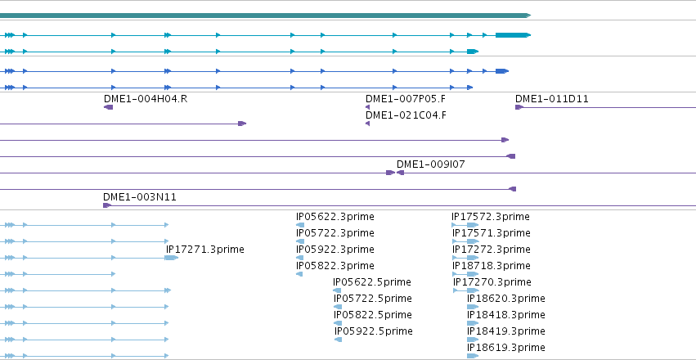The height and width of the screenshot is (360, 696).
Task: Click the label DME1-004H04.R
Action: pos(146,98)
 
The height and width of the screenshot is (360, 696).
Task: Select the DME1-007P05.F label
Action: pos(406,98)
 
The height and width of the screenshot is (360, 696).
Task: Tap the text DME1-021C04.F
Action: pos(406,115)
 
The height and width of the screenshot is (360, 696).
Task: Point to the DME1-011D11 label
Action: pos(552,98)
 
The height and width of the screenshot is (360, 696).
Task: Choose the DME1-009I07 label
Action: pos(430,164)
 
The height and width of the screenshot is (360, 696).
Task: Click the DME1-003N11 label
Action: pos(139,196)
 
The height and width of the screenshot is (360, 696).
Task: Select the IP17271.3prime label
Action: pos(205,250)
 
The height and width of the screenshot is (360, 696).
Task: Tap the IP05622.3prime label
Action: pos(335,217)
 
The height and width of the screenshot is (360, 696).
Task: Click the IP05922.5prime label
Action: pos(373,331)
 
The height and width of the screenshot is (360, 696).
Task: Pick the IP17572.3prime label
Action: pos(491,217)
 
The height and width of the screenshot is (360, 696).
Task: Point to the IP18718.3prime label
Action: pos(492,266)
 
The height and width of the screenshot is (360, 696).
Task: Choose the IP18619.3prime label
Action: pos(506,348)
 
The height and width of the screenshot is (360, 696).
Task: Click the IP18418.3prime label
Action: pos(506,315)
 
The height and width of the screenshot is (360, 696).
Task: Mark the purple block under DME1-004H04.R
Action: pos(108,107)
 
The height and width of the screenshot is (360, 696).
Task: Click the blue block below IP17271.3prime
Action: pos(172,258)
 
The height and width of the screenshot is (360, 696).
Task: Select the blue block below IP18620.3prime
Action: pos(473,307)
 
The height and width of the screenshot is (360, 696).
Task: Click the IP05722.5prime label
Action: pos(372,299)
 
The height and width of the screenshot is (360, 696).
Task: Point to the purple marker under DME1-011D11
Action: pos(519,107)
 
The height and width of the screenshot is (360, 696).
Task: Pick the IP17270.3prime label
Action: pos(492,282)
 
